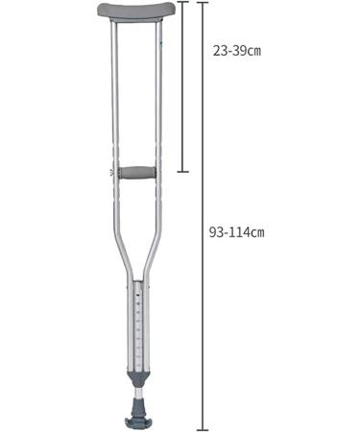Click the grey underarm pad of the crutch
[136, 12]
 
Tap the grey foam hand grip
[136, 174]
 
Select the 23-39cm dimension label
[236, 51]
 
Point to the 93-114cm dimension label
[236, 231]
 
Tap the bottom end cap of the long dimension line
[202, 429]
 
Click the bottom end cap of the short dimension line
[183, 172]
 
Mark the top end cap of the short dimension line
[183, 4]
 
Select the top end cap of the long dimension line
[202, 3]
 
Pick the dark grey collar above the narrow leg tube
[139, 375]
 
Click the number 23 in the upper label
[219, 51]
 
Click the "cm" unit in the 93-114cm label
[256, 232]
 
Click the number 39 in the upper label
[237, 51]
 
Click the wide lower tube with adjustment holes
[139, 326]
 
